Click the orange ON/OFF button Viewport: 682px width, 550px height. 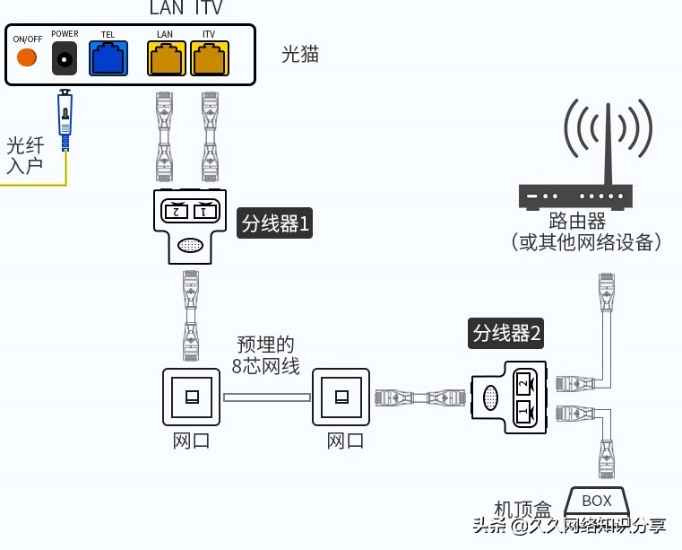pos(27,57)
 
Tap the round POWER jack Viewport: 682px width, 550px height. pos(65,59)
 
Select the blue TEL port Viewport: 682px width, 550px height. pos(108,58)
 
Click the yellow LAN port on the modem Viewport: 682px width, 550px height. pos(166,58)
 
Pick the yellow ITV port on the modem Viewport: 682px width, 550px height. pos(210,58)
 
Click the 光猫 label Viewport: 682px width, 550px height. pos(300,55)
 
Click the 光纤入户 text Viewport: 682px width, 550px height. pos(25,155)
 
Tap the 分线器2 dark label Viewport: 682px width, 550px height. pos(506,334)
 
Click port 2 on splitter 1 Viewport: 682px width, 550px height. pos(176,212)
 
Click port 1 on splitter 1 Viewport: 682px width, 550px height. pos(205,212)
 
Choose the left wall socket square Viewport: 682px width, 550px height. pos(191,396)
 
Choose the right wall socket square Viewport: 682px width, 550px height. pos(341,396)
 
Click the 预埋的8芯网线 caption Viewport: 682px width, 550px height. pos(266,355)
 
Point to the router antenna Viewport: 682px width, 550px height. pos(607,144)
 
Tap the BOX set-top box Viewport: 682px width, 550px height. pos(596,501)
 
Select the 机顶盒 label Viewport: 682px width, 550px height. pos(524,510)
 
